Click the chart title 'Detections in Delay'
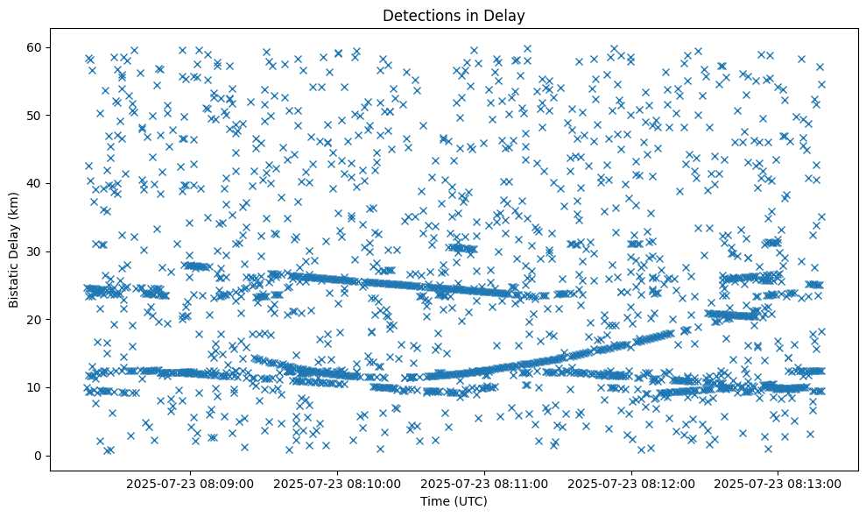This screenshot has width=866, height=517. [454, 16]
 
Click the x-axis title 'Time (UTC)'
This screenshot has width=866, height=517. [454, 502]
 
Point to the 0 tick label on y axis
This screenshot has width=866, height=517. [39, 456]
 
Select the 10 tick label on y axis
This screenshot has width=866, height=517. [35, 387]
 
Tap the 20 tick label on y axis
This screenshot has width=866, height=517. [35, 319]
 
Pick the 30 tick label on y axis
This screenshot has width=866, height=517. [35, 251]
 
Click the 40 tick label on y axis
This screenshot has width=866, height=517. [35, 183]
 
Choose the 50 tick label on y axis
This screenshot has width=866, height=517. [35, 115]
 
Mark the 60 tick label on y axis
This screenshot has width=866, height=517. [35, 47]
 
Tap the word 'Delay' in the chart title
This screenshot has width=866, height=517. [506, 16]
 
